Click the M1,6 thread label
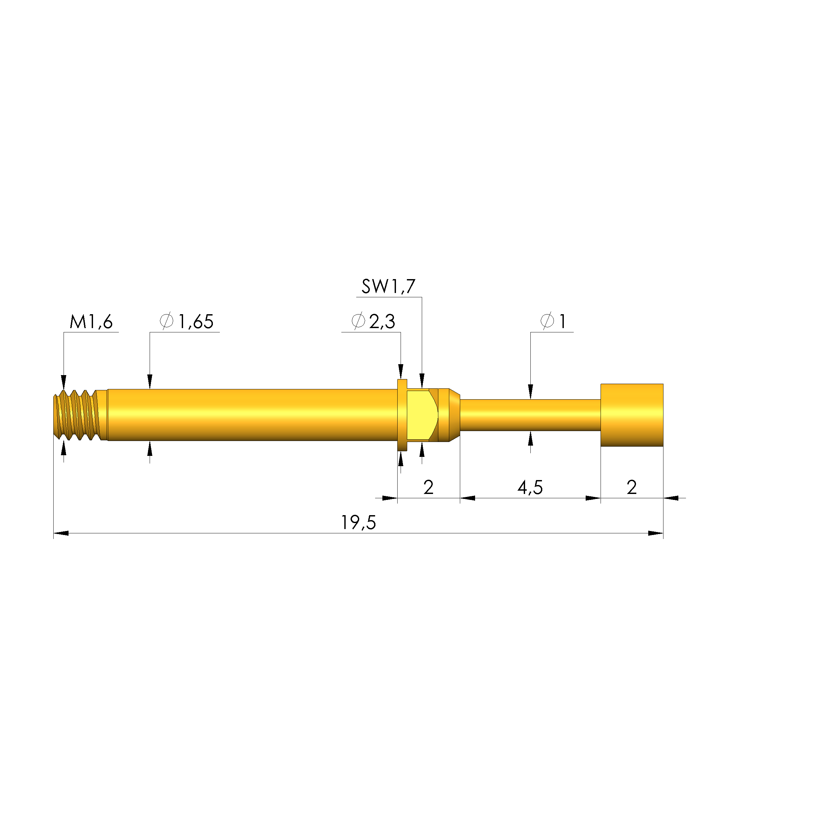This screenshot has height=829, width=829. (91, 322)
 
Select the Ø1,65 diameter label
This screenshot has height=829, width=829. (187, 322)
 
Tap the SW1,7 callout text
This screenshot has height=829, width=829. (388, 287)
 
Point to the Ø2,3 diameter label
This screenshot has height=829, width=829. (373, 322)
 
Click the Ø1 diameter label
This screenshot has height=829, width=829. (553, 322)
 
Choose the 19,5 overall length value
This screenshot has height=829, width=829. (358, 523)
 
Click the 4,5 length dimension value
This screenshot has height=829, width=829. (530, 487)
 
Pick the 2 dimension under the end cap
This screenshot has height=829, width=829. (631, 487)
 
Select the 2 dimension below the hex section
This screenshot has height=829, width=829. (428, 487)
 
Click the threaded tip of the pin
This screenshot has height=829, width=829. (77, 415)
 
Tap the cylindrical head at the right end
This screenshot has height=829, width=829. (632, 415)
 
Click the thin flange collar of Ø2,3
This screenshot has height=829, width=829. (402, 415)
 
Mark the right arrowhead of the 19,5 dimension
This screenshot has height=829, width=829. (656, 533)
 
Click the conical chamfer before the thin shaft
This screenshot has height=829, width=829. (455, 415)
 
